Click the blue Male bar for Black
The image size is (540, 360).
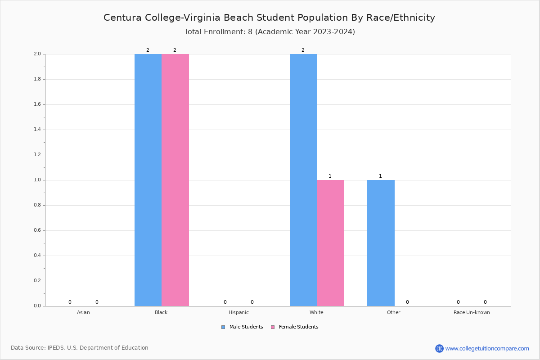148,180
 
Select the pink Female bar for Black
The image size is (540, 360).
175,180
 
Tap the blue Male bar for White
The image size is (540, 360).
303,180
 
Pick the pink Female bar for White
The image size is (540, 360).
330,243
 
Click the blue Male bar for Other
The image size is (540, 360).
381,243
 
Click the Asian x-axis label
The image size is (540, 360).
83,312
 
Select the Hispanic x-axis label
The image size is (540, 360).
238,312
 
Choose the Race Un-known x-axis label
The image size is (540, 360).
472,312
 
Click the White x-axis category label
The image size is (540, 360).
316,312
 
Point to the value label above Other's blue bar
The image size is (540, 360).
380,176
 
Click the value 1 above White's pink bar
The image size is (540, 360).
330,176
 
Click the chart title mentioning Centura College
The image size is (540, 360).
269,18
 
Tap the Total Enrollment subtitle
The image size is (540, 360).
270,32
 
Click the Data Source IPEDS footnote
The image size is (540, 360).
80,348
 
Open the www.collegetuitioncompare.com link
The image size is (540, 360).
487,348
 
